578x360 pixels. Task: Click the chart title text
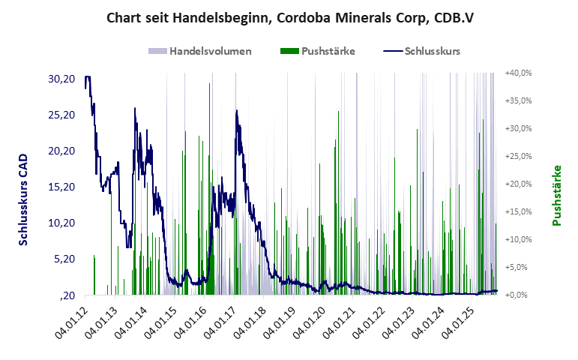(x=289, y=17)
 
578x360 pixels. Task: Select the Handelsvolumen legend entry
(x=209, y=51)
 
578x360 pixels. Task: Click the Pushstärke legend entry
(x=328, y=51)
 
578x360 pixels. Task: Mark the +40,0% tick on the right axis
(x=518, y=73)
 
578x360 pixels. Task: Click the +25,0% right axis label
(x=518, y=156)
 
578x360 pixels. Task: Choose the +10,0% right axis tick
(x=518, y=239)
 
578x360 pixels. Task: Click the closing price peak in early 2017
(x=237, y=111)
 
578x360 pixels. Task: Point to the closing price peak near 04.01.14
(x=135, y=108)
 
